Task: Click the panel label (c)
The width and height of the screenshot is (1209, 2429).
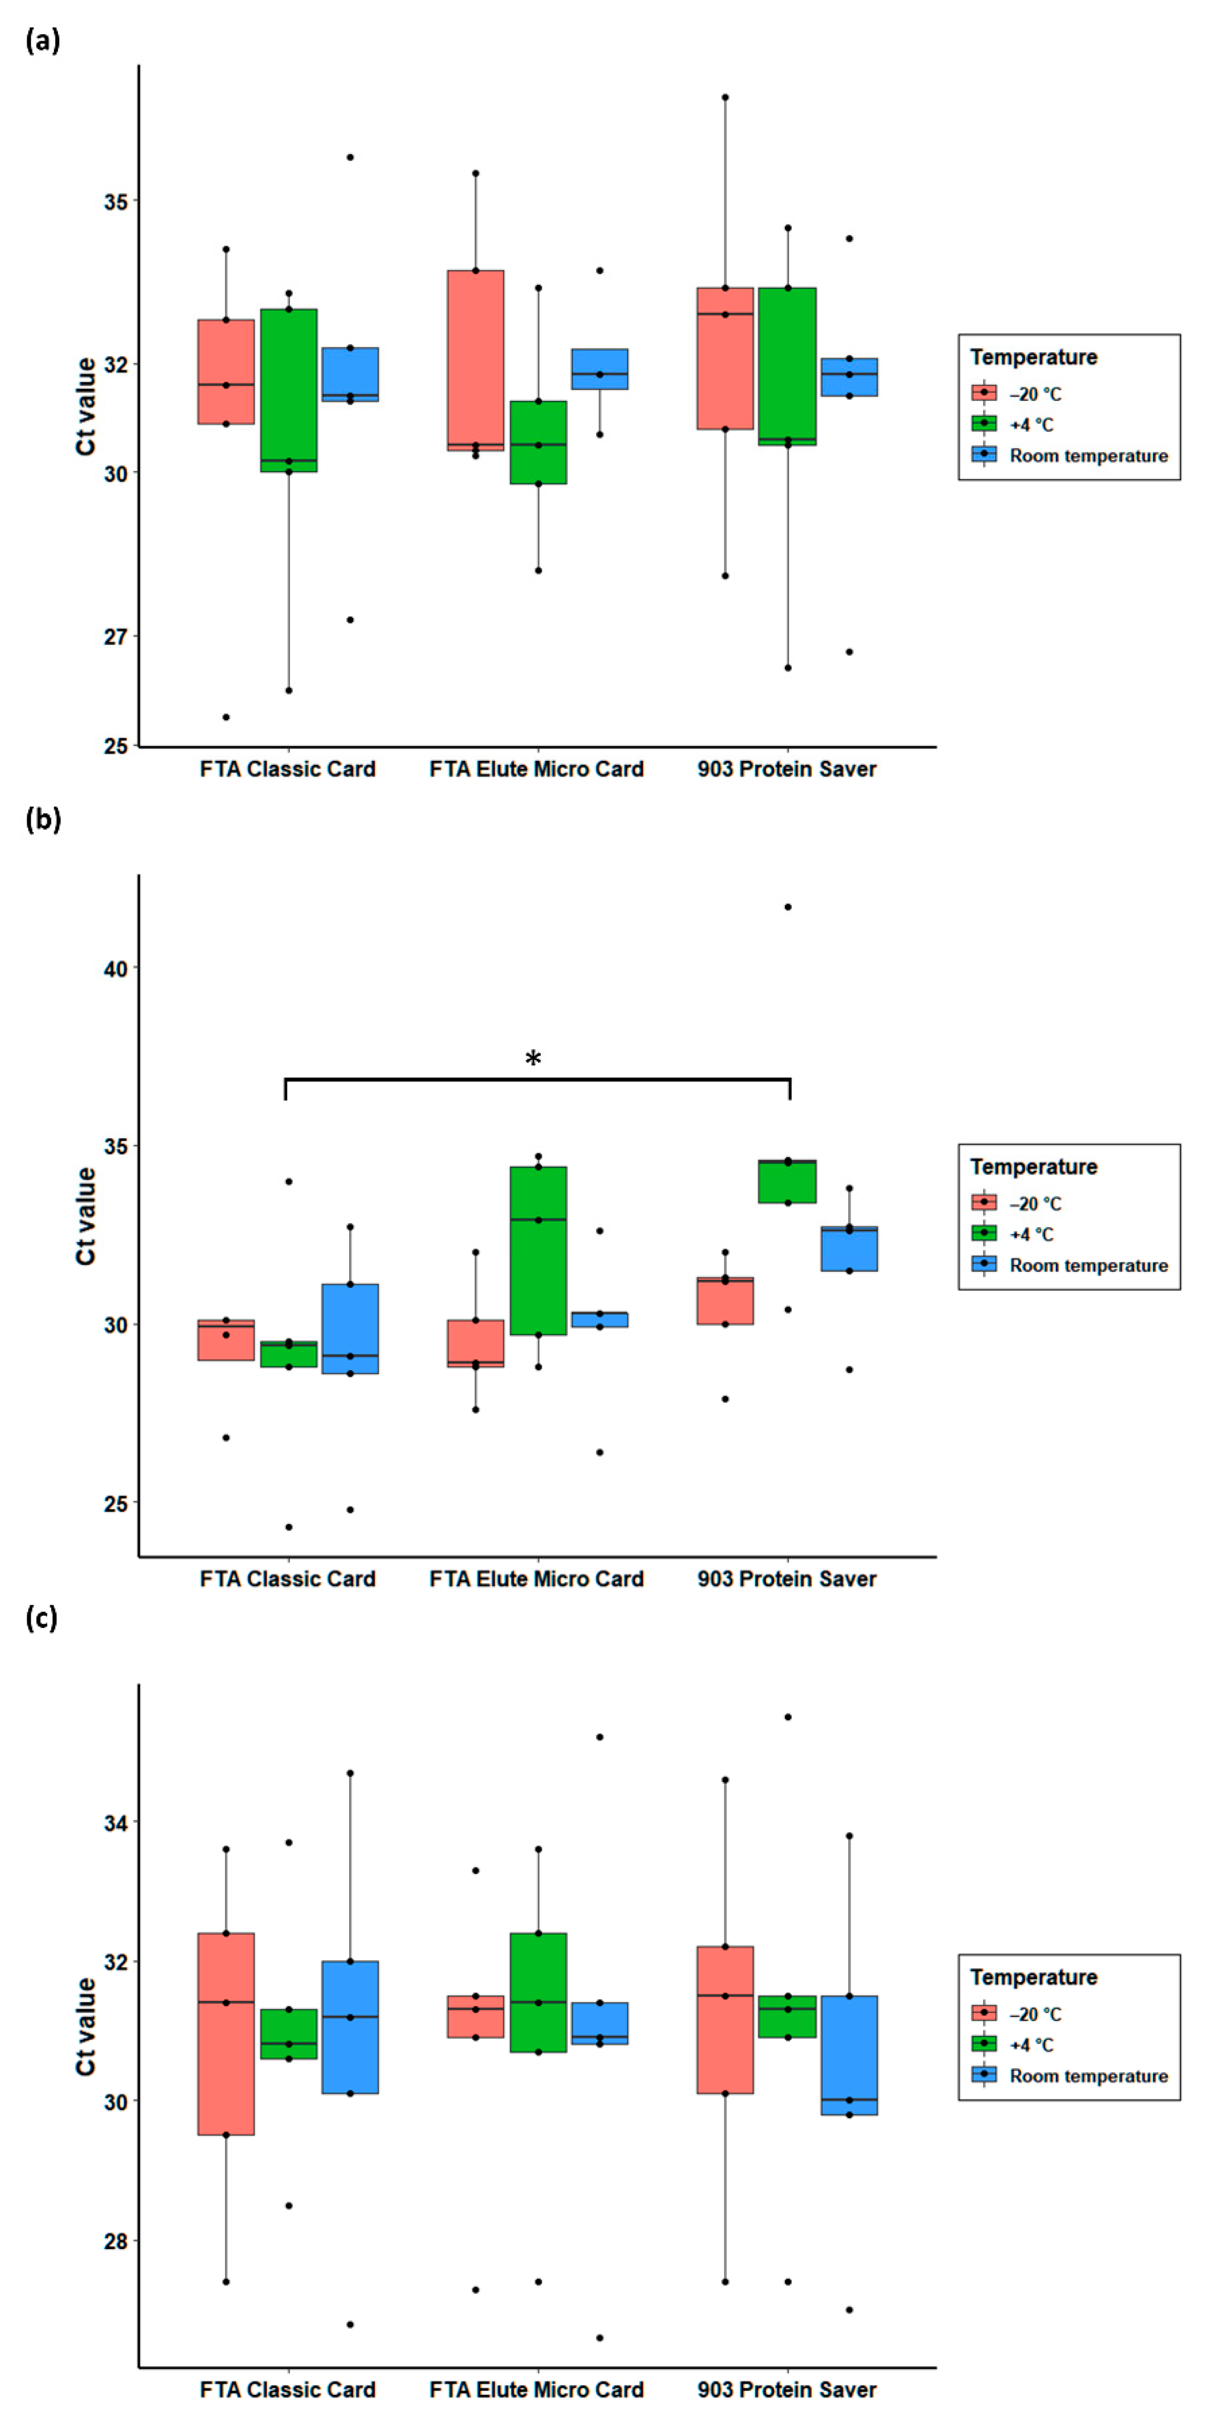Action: coord(42,1618)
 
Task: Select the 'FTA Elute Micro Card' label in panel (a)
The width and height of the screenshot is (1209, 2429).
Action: coord(537,769)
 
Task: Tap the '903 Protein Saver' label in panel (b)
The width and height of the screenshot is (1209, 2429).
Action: coord(786,1579)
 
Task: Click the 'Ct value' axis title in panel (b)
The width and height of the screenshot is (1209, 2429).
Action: coord(86,1216)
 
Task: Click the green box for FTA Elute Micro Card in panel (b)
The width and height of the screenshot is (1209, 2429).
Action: coord(539,1251)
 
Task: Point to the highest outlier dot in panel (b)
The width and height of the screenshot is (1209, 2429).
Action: coord(788,907)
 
